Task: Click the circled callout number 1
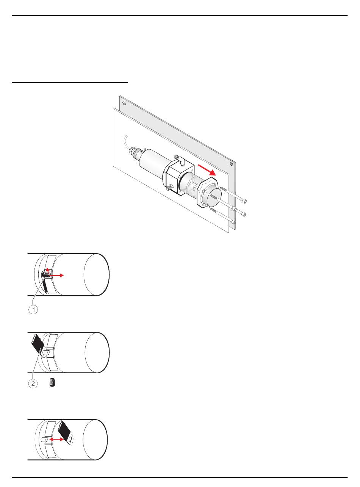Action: tap(33, 310)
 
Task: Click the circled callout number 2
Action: tap(33, 384)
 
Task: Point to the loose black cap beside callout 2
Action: tap(52, 382)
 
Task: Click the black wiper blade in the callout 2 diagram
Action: tap(38, 344)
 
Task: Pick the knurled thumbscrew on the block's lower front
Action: tap(170, 188)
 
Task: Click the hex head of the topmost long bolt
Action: tap(244, 201)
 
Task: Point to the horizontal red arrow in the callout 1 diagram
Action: tap(56, 275)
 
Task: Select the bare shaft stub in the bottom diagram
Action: tap(45, 440)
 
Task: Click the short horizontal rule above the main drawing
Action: tap(70, 83)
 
